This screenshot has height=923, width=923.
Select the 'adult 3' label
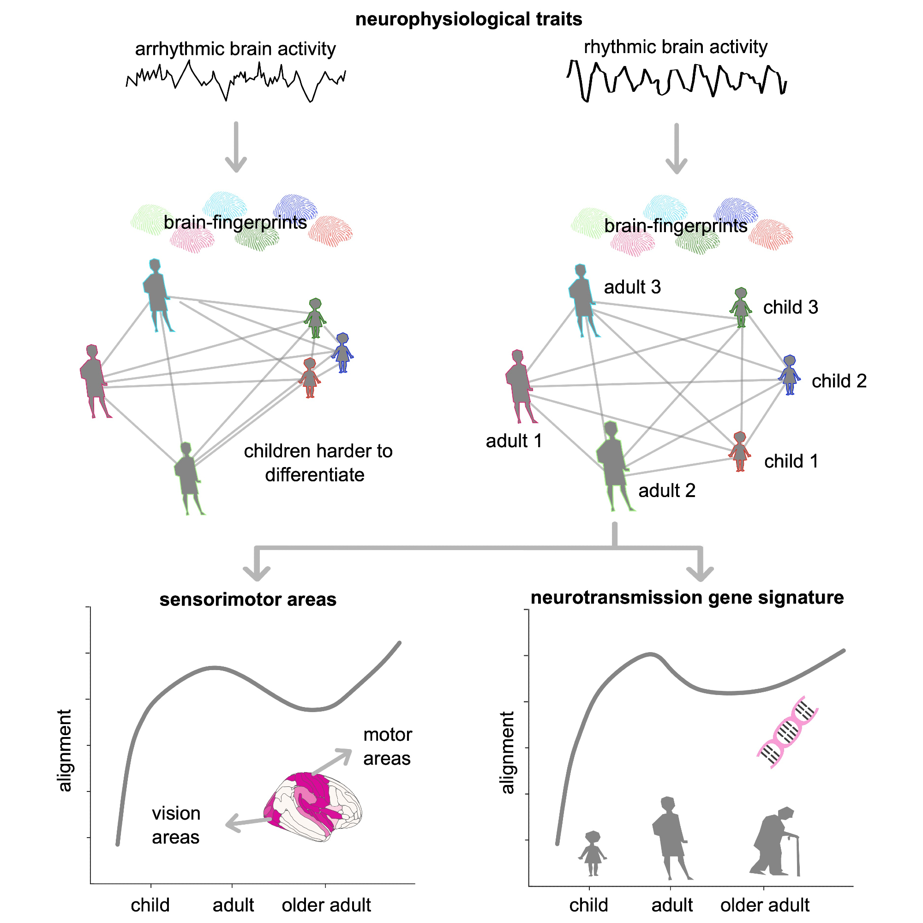click(632, 287)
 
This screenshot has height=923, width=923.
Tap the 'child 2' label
click(839, 381)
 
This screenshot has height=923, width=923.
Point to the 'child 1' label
click(791, 461)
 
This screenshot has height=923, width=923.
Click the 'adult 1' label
click(514, 440)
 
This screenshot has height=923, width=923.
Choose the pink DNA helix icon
click(787, 731)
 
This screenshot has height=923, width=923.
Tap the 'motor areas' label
click(387, 746)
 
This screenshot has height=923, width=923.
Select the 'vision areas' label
click(176, 825)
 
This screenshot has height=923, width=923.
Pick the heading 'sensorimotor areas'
click(248, 599)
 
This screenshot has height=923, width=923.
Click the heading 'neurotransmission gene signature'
click(687, 597)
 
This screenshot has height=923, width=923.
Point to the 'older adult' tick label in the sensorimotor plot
click(326, 905)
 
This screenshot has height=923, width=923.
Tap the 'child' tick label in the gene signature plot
click(588, 905)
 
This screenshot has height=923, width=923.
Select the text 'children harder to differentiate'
click(318, 462)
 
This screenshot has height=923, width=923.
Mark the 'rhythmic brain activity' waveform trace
click(677, 80)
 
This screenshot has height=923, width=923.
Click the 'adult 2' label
click(666, 491)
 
